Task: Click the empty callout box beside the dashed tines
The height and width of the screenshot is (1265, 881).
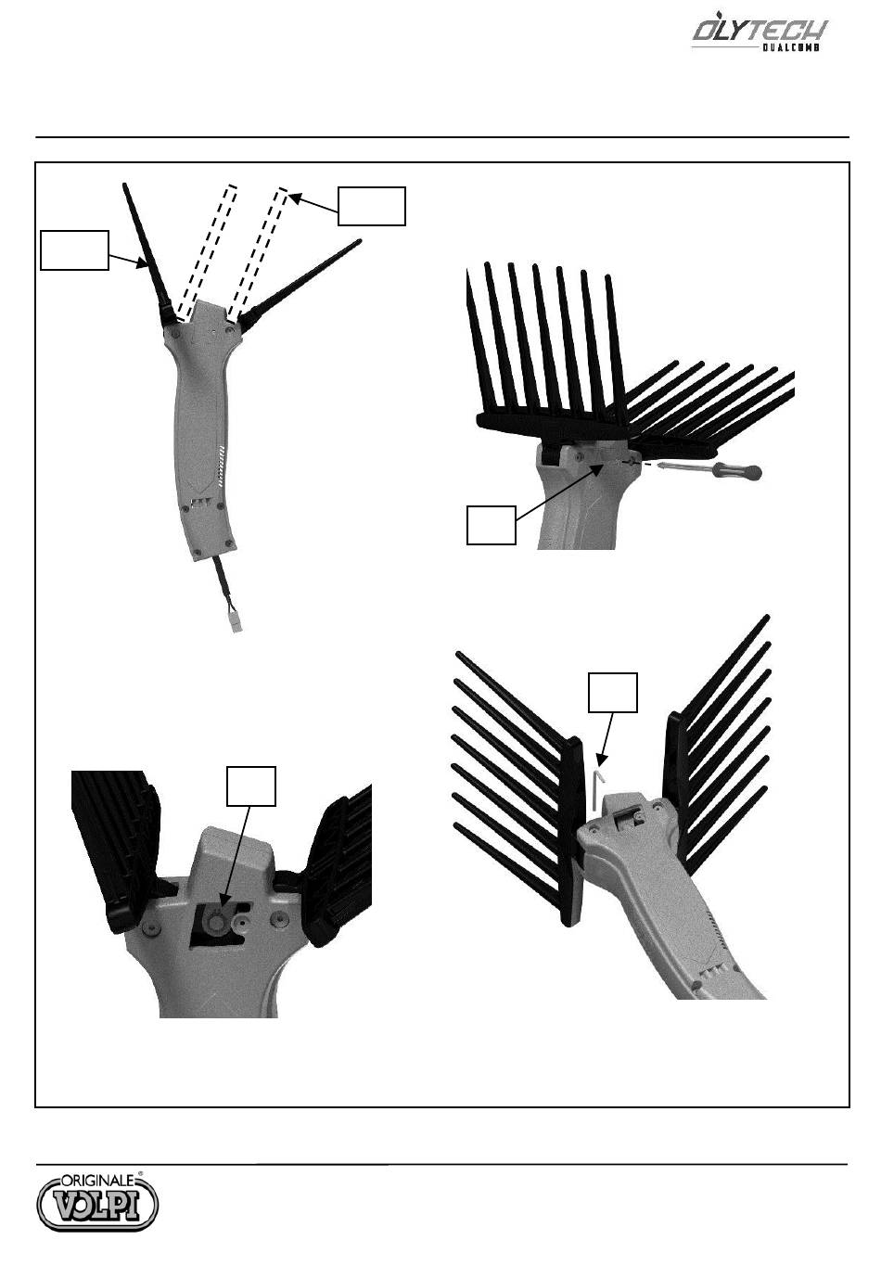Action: tap(372, 206)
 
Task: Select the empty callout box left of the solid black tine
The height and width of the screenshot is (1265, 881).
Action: tap(74, 250)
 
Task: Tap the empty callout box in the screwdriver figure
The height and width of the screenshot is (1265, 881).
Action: tap(491, 525)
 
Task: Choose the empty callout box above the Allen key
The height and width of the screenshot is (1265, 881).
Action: tap(613, 693)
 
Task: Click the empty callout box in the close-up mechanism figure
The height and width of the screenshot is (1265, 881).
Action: tap(251, 786)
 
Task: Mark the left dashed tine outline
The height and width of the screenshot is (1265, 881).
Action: tap(207, 252)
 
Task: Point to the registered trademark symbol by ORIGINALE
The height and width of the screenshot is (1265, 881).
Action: tap(140, 1173)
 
